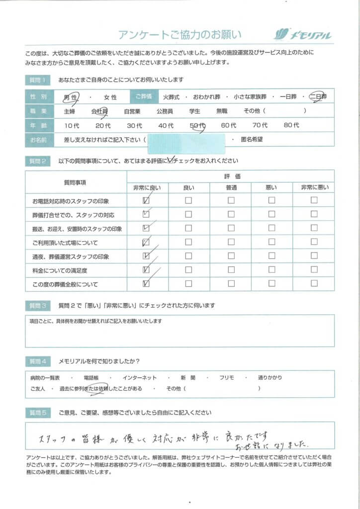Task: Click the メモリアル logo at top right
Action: [x=302, y=34]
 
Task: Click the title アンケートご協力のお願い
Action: [x=180, y=34]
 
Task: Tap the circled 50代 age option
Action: [x=197, y=126]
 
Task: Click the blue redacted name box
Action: [x=186, y=140]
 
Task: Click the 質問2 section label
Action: [x=37, y=161]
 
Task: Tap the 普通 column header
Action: [x=231, y=188]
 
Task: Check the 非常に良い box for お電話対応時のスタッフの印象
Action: [x=146, y=201]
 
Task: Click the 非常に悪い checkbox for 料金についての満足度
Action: [x=314, y=270]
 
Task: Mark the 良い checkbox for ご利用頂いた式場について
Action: [x=188, y=243]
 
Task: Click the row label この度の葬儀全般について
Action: [x=65, y=284]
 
